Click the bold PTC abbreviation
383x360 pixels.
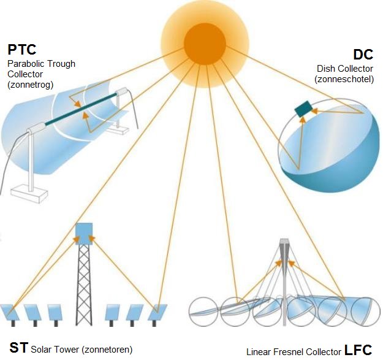(x=23, y=49)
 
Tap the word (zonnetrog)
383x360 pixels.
(x=31, y=85)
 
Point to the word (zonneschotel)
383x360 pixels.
(x=344, y=79)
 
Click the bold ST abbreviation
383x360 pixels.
(x=18, y=348)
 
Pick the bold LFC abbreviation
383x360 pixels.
(x=358, y=350)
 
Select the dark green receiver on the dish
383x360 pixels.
(x=303, y=110)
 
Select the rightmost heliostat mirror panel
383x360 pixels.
(x=158, y=311)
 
